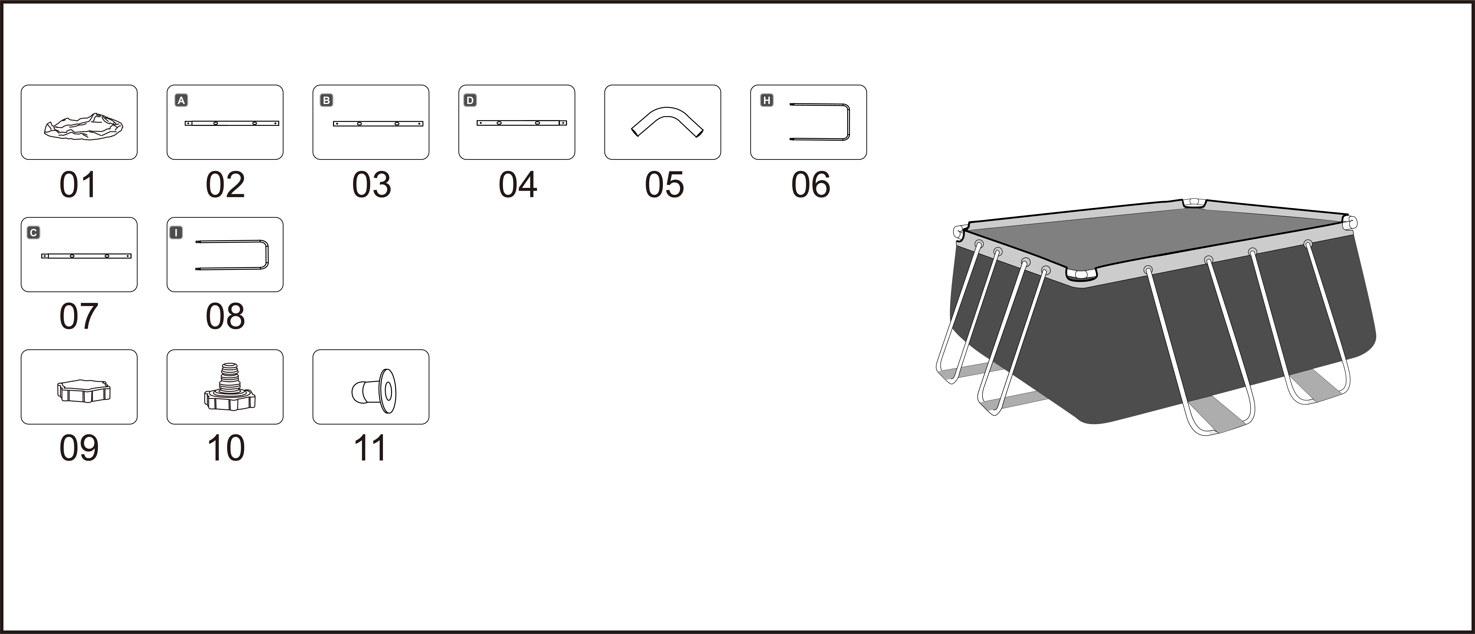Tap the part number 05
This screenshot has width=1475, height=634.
coord(664,185)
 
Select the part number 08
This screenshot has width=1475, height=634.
coord(225,316)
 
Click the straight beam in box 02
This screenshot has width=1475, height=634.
coord(232,123)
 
